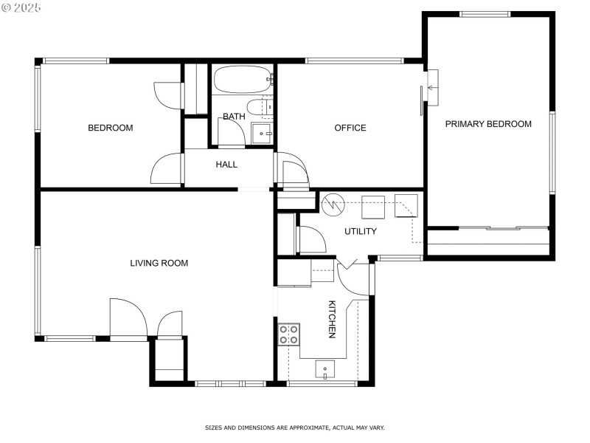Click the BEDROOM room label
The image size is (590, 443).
[x=111, y=128]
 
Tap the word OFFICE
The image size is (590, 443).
[x=350, y=128]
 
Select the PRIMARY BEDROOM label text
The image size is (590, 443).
[x=488, y=124]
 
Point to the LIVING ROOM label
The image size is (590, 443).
[x=159, y=263]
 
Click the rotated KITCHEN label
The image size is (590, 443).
[x=332, y=319]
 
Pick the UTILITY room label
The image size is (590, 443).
[x=361, y=231]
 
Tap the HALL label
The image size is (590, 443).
[x=226, y=164]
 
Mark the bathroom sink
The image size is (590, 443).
[x=263, y=134]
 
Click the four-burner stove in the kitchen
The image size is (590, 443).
[x=288, y=334]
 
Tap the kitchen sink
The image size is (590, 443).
[x=325, y=368]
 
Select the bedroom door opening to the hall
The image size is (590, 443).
[x=167, y=168]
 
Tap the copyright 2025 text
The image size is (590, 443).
[x=21, y=7]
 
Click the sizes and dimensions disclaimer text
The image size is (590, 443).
[x=294, y=427]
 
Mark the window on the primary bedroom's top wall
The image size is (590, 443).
[x=485, y=14]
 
